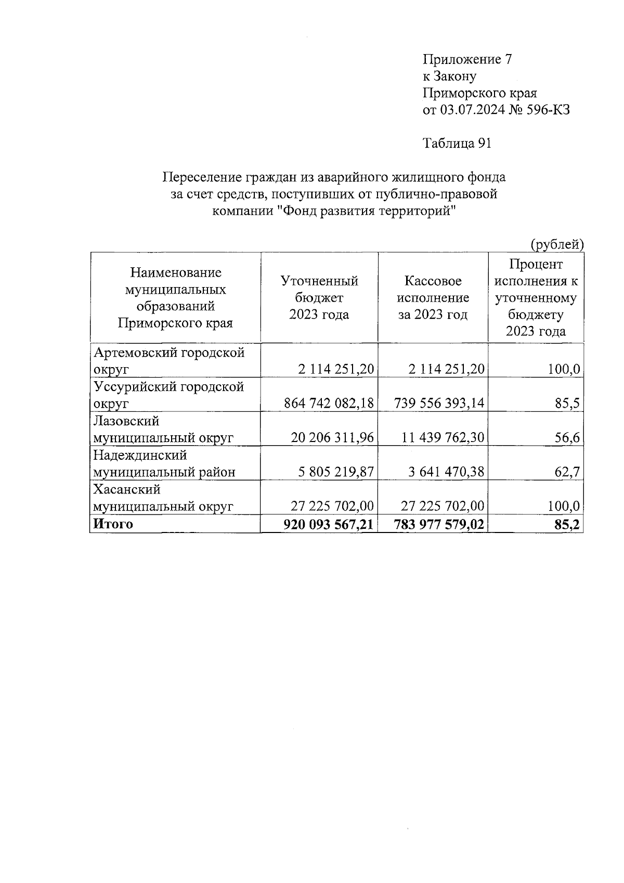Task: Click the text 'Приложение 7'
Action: click(x=467, y=59)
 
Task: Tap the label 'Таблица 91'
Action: click(x=457, y=144)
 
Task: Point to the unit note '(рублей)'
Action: click(x=557, y=244)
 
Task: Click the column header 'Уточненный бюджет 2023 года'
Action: click(x=319, y=297)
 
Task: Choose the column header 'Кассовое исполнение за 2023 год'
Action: click(x=433, y=297)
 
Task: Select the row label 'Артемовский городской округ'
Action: click(x=168, y=361)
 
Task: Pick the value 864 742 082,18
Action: click(x=329, y=403)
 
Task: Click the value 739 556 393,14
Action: click(x=439, y=403)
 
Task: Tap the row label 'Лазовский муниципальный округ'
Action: click(x=163, y=429)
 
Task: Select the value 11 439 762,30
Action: click(x=443, y=437)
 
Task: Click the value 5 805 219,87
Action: click(x=336, y=472)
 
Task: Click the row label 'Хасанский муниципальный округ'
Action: click(x=163, y=498)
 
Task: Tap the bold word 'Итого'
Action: click(x=113, y=524)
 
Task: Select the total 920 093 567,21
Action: click(x=329, y=524)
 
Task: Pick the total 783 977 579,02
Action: click(x=439, y=524)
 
